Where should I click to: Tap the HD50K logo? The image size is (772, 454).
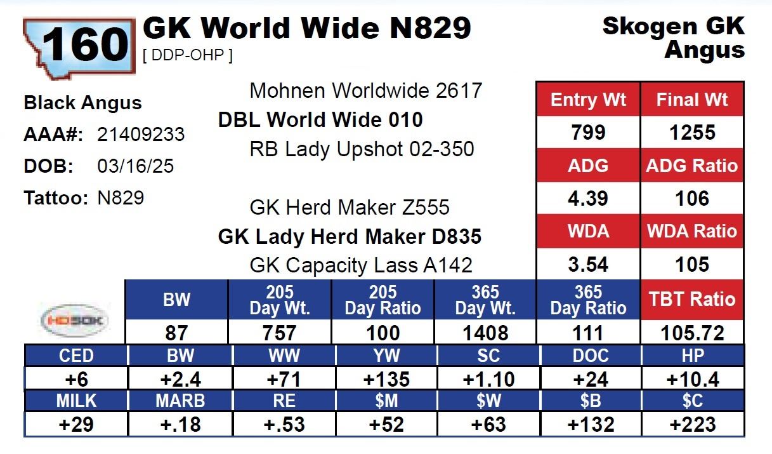74,321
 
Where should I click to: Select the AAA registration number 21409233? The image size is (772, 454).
141,135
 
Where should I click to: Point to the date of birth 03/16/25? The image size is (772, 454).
136,166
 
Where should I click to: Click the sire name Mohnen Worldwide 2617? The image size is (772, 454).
366,91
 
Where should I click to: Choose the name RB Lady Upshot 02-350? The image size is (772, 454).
362,149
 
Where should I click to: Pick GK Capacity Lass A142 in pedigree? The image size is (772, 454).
361,265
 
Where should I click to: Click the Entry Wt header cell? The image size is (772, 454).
588,100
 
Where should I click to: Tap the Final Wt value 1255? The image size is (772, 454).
692,133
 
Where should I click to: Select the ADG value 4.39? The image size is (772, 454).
588,198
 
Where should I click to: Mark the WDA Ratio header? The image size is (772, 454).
692,230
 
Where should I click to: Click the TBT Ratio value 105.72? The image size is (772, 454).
692,333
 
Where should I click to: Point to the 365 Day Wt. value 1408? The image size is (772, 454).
485,333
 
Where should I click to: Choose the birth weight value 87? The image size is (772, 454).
176,333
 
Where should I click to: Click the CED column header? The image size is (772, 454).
76,356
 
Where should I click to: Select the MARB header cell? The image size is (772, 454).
180,401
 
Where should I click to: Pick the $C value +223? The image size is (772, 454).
692,424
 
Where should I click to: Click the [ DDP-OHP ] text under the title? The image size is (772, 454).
188,56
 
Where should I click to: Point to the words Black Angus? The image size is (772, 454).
82,103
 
